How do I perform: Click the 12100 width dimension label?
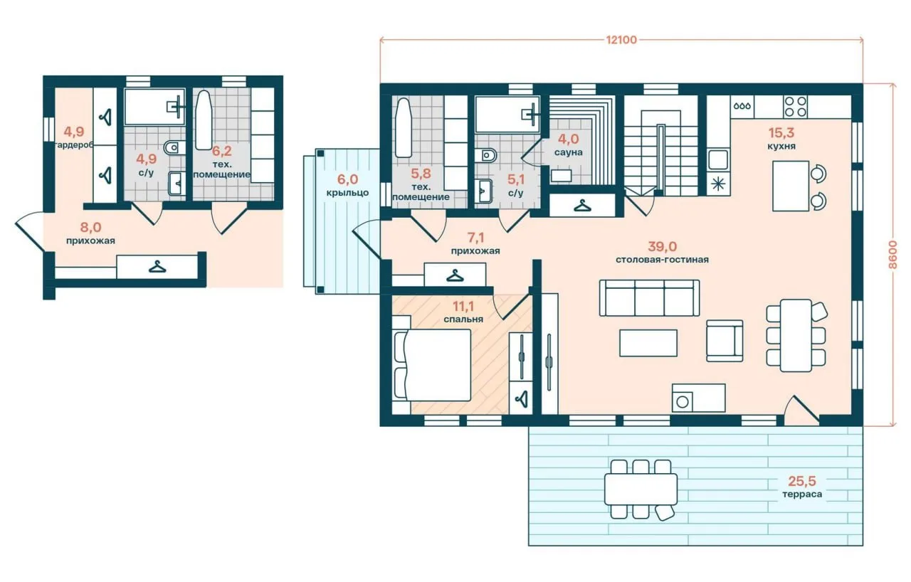coord(621,40)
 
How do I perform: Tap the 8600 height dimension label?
coord(892,255)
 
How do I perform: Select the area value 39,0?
coord(662,246)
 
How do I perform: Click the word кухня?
coord(781,146)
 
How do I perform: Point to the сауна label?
coord(568,152)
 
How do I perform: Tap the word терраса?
coord(801,494)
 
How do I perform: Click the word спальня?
coord(463,319)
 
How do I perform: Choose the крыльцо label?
coord(347,193)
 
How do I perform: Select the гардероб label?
coord(73,145)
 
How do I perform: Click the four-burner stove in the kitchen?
coord(796,107)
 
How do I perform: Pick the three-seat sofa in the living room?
coord(650,298)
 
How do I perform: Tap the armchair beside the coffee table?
coord(725,341)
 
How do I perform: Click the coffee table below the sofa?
coord(648,343)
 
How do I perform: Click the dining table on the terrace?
coord(641,490)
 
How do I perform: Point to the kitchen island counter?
coord(791,186)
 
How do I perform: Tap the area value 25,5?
coord(802,481)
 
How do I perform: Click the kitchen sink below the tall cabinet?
coord(718,159)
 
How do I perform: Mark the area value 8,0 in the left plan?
coord(90,227)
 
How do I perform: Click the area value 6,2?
coord(222,151)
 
